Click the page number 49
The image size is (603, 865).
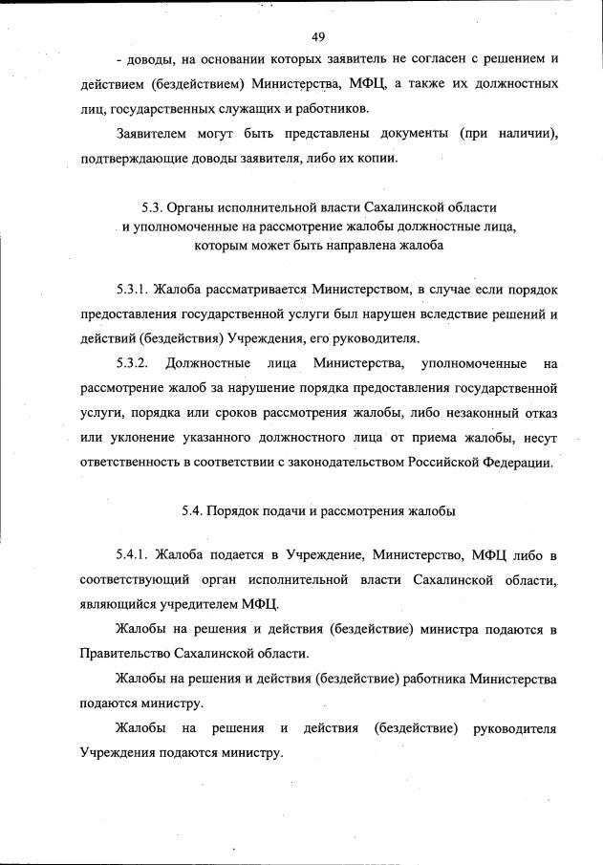(x=319, y=37)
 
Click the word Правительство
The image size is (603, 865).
(x=127, y=654)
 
